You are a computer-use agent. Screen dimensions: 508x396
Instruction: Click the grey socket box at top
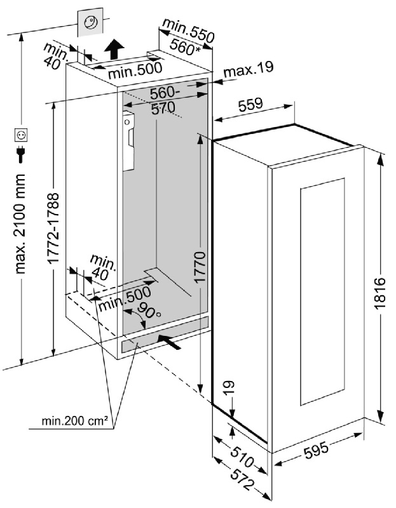coord(90,24)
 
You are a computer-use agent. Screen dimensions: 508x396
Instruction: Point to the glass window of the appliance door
coord(321,292)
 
